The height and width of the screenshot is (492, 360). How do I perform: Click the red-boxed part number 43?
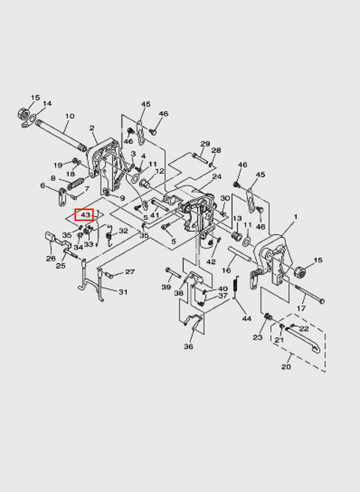pyautogui.click(x=86, y=215)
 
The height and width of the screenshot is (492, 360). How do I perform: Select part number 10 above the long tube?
pyautogui.click(x=70, y=116)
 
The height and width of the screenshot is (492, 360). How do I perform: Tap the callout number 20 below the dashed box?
pyautogui.click(x=286, y=367)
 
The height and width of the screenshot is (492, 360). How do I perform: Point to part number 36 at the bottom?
pyautogui.click(x=188, y=346)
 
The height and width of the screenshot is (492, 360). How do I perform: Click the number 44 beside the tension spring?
pyautogui.click(x=247, y=319)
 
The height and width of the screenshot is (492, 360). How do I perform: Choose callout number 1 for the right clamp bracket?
pyautogui.click(x=295, y=217)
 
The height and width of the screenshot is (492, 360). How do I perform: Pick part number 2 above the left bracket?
pyautogui.click(x=92, y=128)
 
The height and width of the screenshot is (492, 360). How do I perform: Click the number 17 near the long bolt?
pyautogui.click(x=301, y=308)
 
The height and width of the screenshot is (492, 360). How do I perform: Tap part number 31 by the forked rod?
pyautogui.click(x=123, y=292)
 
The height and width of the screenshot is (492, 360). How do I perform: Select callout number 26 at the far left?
pyautogui.click(x=51, y=258)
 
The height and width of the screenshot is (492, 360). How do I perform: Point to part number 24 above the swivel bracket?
pyautogui.click(x=217, y=177)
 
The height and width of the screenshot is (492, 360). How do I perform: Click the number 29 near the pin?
pyautogui.click(x=205, y=144)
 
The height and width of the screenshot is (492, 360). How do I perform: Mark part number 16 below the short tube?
pyautogui.click(x=226, y=270)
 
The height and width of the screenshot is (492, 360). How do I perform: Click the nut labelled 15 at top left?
pyautogui.click(x=23, y=113)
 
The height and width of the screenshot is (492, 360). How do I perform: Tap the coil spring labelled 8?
pyautogui.click(x=75, y=184)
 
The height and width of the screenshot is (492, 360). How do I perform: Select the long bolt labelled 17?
pyautogui.click(x=310, y=294)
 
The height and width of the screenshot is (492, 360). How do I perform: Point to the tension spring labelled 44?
pyautogui.click(x=236, y=287)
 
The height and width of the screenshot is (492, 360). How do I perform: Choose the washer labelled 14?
pyautogui.click(x=29, y=121)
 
